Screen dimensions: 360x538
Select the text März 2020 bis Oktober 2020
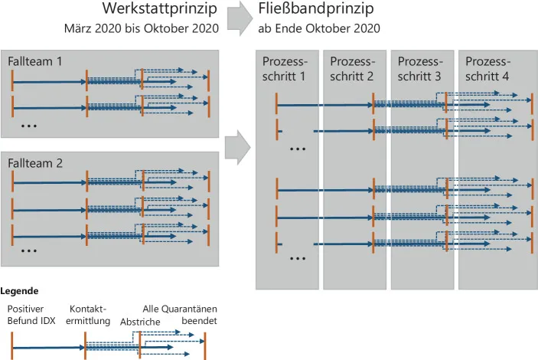pos(141,29)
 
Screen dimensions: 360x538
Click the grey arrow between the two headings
pos(240,18)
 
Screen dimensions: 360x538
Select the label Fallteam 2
pos(35,162)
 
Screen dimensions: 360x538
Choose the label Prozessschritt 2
pos(352,69)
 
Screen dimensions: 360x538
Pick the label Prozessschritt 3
pos(419,69)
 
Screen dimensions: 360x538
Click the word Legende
pos(19,291)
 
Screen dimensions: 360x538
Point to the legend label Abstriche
pos(140,322)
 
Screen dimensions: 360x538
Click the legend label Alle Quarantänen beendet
pos(184,314)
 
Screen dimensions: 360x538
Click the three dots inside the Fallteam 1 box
pos(30,125)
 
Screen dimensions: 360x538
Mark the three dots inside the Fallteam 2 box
pos(30,250)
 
